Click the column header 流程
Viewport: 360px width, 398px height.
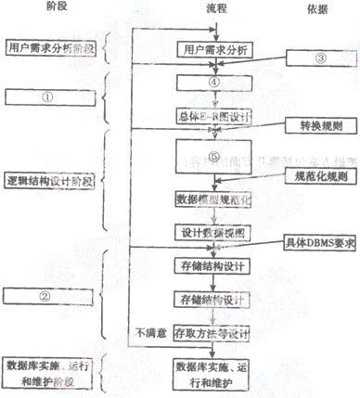point(215,8)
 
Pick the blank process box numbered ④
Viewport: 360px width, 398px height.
point(213,83)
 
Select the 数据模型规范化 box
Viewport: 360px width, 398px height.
point(213,199)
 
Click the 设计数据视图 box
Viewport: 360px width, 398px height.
point(213,231)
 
